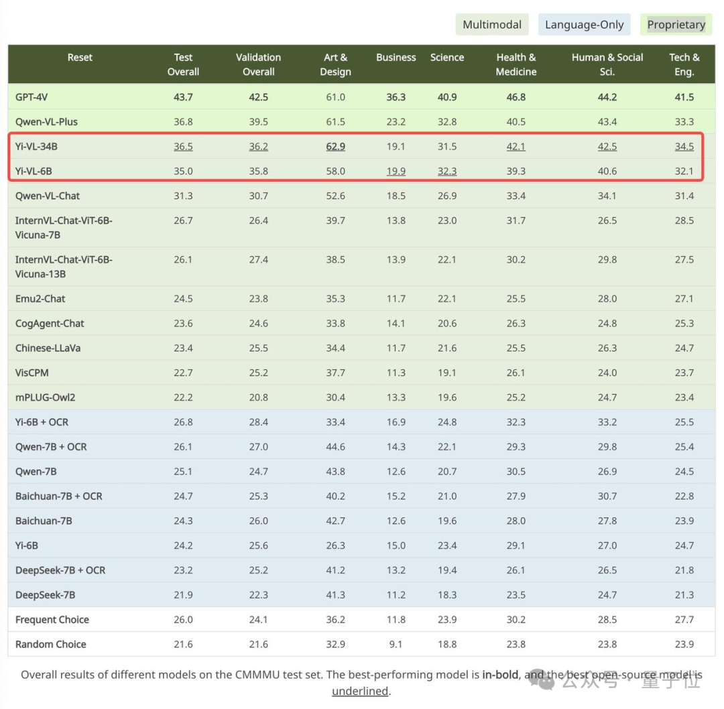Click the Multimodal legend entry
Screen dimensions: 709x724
pyautogui.click(x=492, y=25)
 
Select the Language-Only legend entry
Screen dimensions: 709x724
pyautogui.click(x=584, y=25)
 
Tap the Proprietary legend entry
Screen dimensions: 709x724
pyautogui.click(x=676, y=25)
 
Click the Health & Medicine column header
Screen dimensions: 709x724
pyautogui.click(x=516, y=64)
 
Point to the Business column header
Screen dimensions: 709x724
pyautogui.click(x=396, y=58)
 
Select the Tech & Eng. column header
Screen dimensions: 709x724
pyautogui.click(x=684, y=64)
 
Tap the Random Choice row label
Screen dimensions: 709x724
pyautogui.click(x=50, y=644)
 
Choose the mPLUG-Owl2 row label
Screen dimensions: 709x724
pyautogui.click(x=45, y=397)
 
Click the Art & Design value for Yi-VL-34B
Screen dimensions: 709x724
pyautogui.click(x=335, y=146)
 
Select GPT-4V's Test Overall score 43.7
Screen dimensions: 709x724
pyautogui.click(x=183, y=97)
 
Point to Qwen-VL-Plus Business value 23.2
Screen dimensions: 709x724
pyautogui.click(x=396, y=122)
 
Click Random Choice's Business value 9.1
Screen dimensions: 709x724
pyautogui.click(x=396, y=644)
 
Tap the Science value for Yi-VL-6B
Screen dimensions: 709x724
pyautogui.click(x=447, y=171)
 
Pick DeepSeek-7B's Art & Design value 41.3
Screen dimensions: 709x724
pyautogui.click(x=335, y=594)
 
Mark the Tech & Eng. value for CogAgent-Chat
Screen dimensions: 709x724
pyautogui.click(x=684, y=323)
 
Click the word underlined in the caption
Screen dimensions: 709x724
pyautogui.click(x=360, y=691)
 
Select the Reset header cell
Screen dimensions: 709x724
pyautogui.click(x=80, y=58)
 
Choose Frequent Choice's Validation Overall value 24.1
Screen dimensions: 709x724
pyautogui.click(x=258, y=619)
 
